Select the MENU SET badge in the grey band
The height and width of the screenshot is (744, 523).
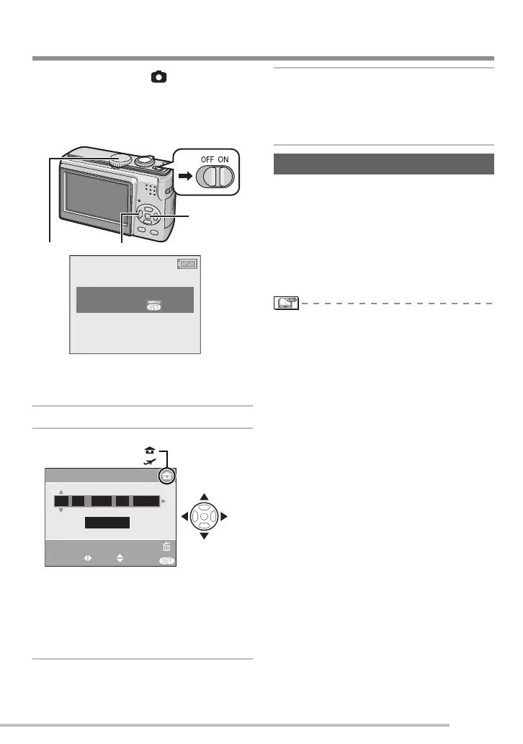point(154,304)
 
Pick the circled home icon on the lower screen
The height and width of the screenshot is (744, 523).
point(166,477)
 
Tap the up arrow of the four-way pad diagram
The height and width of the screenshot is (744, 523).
point(205,497)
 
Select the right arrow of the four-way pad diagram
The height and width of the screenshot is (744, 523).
point(224,516)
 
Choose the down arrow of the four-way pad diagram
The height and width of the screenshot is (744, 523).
point(205,536)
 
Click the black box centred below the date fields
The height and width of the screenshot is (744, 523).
point(107,523)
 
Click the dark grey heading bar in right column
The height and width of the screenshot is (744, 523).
point(385,164)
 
